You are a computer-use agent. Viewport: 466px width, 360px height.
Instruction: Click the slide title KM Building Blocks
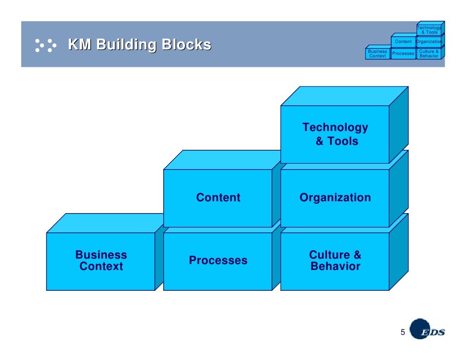(140, 45)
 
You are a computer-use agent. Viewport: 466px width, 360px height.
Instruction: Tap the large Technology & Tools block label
(335, 134)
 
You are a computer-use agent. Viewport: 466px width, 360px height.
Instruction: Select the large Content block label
(218, 197)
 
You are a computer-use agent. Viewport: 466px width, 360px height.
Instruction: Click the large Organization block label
(335, 197)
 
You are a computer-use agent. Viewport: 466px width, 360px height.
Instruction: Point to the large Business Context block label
(101, 261)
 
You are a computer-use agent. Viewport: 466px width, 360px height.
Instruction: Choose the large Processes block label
(218, 260)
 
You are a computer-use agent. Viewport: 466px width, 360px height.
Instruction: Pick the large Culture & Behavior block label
(335, 261)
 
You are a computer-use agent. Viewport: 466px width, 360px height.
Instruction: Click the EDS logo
(427, 329)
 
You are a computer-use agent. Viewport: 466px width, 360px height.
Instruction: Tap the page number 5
(403, 332)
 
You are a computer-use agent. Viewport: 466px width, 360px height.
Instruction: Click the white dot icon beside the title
(46, 45)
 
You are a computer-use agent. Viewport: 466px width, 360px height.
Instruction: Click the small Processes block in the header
(403, 53)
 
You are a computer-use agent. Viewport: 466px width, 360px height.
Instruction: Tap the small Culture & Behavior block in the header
(429, 53)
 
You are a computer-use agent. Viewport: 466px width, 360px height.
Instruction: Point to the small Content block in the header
(403, 41)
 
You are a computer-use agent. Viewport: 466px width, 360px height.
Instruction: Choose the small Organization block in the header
(429, 41)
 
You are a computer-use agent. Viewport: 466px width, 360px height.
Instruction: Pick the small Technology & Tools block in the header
(429, 29)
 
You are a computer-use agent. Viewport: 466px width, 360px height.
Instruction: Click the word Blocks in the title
(186, 45)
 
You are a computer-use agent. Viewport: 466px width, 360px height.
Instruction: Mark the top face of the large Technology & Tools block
(344, 96)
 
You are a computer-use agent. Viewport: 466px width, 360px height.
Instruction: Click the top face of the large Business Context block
(105, 223)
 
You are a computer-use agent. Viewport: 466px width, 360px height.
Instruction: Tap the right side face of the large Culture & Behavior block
(399, 252)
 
